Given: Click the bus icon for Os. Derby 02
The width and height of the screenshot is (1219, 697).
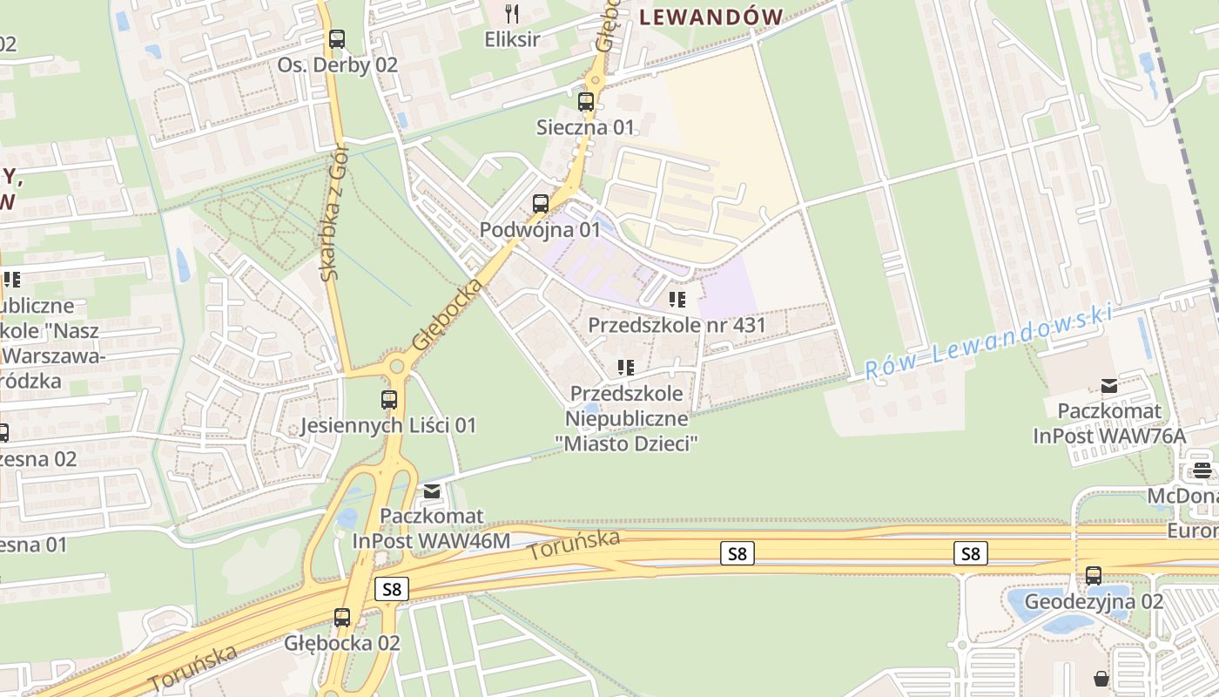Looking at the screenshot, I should click(337, 39).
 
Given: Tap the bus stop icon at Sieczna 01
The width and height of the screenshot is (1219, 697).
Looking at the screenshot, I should click(586, 102).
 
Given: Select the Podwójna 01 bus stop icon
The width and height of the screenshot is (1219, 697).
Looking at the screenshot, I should click(541, 204).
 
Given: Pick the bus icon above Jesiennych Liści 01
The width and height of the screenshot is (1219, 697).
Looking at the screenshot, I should click(389, 400).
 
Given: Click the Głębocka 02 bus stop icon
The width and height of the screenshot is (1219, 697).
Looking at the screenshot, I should click(342, 618).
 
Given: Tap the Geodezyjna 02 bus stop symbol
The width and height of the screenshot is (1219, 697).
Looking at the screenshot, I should click(1094, 576).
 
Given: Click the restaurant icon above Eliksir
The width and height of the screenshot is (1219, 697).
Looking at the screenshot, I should click(512, 13).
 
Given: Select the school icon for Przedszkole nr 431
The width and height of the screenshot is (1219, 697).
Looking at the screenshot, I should click(677, 301).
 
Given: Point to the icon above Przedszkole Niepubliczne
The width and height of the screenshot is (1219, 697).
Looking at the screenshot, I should click(626, 369).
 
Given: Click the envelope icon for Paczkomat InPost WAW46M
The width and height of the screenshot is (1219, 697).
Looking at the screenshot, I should click(432, 491).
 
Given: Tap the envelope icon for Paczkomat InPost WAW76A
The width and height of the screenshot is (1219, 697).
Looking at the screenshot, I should click(1109, 385).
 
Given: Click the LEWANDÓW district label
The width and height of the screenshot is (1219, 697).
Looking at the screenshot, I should click(711, 17).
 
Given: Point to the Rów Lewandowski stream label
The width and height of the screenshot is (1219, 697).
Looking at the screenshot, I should click(989, 342).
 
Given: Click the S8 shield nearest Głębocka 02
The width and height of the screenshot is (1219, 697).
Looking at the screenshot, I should click(392, 589).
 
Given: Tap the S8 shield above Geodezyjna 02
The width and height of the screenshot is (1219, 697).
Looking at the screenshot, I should click(971, 553).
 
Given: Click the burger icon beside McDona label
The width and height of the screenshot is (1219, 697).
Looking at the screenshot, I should click(1202, 470).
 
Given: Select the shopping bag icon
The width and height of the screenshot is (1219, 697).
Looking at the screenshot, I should click(1101, 678).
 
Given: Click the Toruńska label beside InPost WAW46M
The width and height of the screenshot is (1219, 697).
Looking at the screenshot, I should click(574, 545).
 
